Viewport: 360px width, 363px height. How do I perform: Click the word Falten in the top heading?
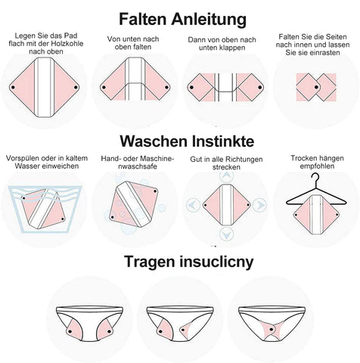click(142, 19)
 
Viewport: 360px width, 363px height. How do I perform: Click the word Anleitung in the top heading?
click(209, 20)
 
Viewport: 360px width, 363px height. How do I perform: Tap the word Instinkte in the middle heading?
click(223, 141)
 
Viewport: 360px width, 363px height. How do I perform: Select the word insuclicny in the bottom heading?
click(216, 262)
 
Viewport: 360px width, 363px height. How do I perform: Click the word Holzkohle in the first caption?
click(67, 44)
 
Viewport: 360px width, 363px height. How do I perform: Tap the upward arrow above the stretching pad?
click(226, 175)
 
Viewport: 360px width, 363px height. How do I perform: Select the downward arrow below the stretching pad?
click(226, 234)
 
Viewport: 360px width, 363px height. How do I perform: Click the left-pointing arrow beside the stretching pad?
click(193, 205)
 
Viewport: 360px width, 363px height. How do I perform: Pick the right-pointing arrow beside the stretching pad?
click(260, 205)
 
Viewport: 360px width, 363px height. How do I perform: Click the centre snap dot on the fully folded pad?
click(316, 88)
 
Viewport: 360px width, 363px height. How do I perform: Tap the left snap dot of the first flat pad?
click(13, 88)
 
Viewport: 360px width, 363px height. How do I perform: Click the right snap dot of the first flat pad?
click(76, 87)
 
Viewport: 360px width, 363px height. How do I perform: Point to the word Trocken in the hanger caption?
click(304, 158)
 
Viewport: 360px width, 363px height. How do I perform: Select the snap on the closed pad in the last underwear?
click(272, 329)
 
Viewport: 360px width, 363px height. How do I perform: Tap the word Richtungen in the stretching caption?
click(244, 160)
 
